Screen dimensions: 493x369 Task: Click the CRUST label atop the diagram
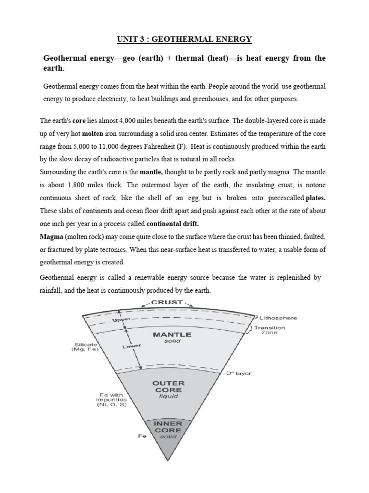click(x=167, y=302)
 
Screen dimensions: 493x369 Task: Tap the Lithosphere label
click(x=278, y=318)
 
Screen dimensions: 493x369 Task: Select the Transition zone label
click(x=270, y=331)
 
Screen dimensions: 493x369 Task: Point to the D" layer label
click(x=238, y=373)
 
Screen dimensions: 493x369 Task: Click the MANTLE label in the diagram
click(x=172, y=334)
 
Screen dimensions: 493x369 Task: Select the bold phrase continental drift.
click(x=172, y=223)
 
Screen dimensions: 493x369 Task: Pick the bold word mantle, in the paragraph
click(x=152, y=172)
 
